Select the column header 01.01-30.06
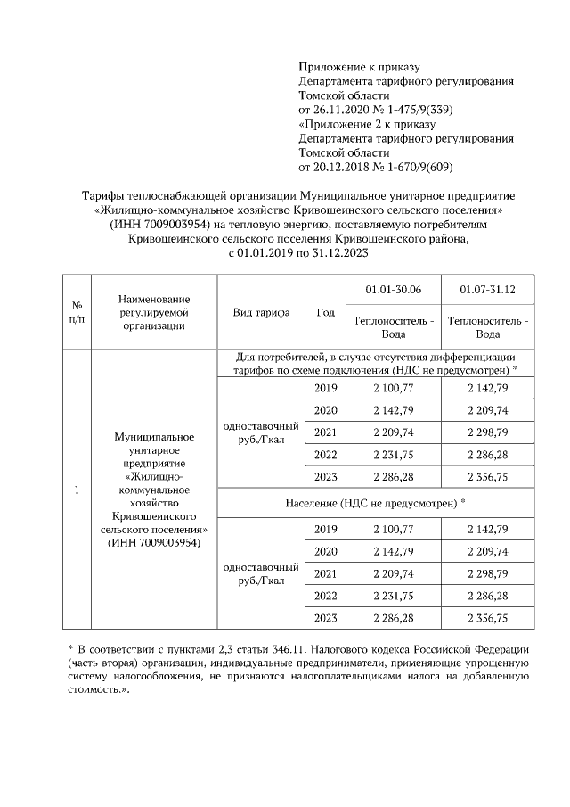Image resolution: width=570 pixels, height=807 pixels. click(393, 291)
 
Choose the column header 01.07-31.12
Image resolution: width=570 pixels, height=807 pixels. click(487, 291)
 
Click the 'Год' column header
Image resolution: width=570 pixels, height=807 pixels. click(325, 312)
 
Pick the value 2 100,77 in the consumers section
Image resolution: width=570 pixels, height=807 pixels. click(393, 388)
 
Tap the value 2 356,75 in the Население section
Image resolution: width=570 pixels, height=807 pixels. click(487, 617)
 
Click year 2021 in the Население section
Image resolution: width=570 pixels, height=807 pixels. click(325, 572)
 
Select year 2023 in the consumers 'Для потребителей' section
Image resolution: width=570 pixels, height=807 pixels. click(325, 477)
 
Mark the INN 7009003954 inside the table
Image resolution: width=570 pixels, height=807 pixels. click(155, 542)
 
